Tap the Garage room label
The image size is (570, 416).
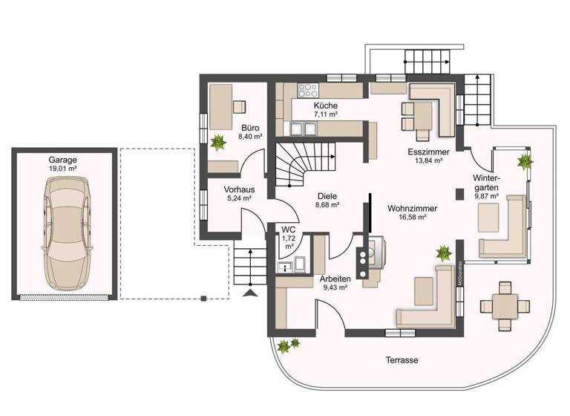(x=64, y=160)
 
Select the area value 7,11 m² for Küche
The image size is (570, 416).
(x=325, y=115)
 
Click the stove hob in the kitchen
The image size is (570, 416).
(x=307, y=91)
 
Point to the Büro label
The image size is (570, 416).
(x=250, y=127)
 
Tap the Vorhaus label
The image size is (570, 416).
(x=239, y=189)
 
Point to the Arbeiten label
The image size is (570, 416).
(x=335, y=279)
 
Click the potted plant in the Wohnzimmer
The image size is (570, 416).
(x=444, y=253)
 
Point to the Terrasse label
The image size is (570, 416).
(x=402, y=360)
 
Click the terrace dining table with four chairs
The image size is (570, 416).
(x=505, y=304)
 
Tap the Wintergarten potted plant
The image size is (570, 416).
(x=525, y=160)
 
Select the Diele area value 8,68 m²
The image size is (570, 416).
(x=327, y=204)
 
